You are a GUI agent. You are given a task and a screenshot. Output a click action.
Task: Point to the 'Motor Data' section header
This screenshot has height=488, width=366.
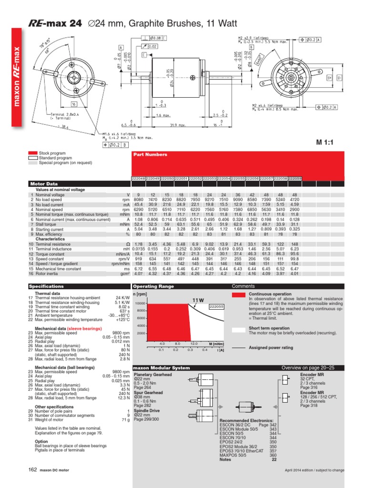click(x=44, y=183)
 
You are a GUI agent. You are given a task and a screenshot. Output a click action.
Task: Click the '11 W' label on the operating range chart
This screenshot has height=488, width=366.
click(x=198, y=300)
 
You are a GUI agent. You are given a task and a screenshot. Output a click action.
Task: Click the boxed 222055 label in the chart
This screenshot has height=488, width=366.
click(x=216, y=307)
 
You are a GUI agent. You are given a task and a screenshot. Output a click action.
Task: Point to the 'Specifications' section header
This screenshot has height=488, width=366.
click(x=47, y=286)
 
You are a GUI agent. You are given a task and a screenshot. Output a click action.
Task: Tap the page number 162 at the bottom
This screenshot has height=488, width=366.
click(x=32, y=483)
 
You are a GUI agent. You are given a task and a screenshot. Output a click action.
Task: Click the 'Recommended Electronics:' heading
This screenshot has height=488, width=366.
click(x=246, y=421)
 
